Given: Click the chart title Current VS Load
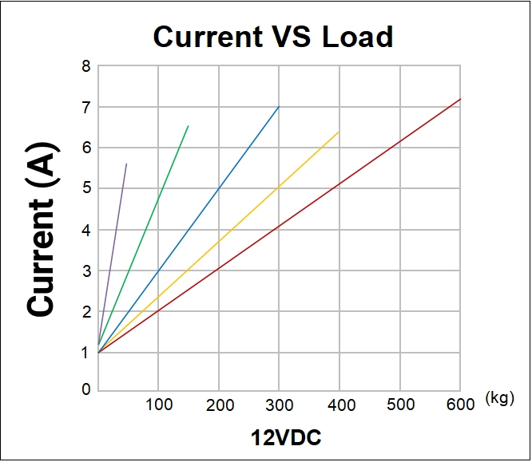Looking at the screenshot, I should (x=273, y=37).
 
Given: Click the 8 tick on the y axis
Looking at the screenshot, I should (x=85, y=65).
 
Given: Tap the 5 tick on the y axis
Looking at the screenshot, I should (x=85, y=188).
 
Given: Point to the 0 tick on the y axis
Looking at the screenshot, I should (x=85, y=390).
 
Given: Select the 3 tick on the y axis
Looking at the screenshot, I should (x=85, y=270).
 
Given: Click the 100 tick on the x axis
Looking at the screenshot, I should (x=159, y=405).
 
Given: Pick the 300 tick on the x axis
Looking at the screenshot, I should (x=280, y=405).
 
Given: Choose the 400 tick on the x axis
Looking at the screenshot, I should (x=341, y=405).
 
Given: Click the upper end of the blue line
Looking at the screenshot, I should (x=279, y=107).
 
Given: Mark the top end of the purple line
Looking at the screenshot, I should (x=126, y=164).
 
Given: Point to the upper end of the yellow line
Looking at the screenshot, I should (x=339, y=132).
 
